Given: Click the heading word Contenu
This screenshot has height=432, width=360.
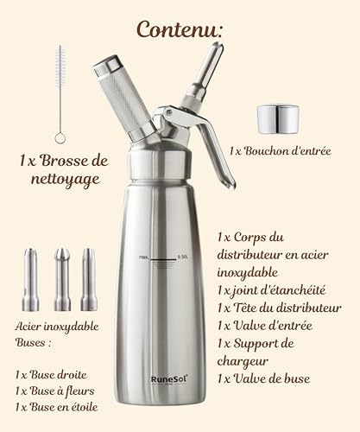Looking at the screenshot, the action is click(180, 29).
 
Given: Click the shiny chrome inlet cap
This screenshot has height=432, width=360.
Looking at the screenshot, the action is click(278, 119).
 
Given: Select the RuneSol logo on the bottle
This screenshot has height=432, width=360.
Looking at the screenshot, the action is click(169, 379).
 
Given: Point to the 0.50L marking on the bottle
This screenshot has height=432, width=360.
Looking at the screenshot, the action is click(183, 257).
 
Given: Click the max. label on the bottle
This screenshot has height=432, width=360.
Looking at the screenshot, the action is click(143, 257).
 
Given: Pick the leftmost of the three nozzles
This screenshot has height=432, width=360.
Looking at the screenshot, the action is click(30, 280).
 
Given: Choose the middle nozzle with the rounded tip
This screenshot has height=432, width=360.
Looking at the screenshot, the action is click(62, 280).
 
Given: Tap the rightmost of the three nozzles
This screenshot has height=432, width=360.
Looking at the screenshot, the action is click(89, 280).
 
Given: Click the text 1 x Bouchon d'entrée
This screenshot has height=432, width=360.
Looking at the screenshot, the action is click(281, 151).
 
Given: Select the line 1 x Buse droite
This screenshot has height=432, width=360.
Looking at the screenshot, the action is click(51, 375).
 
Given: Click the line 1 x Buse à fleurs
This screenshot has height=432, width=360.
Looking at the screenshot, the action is click(54, 391).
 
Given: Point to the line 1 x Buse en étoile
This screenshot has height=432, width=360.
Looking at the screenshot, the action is click(56, 407).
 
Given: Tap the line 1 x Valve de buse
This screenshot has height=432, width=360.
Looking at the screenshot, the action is click(263, 378).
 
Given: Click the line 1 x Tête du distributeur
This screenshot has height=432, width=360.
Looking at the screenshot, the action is click(280, 308).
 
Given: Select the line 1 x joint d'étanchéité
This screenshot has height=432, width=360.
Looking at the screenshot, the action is click(272, 290).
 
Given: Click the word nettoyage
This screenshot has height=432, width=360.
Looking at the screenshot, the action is click(66, 180).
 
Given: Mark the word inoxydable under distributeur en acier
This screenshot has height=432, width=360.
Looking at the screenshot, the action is click(248, 272).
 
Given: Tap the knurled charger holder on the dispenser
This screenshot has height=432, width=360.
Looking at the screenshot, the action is click(123, 98).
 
